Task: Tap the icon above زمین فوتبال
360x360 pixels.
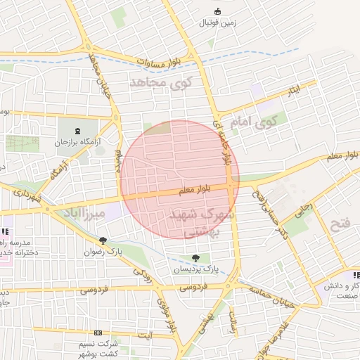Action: click(217, 11)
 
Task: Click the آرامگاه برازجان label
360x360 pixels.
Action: click(79, 142)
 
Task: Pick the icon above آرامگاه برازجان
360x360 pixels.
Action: click(77, 131)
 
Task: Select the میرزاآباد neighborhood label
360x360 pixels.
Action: click(84, 212)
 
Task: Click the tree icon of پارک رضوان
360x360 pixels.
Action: click(103, 240)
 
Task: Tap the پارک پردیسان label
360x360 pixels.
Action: click(196, 269)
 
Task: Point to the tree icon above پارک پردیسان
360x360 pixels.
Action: click(195, 258)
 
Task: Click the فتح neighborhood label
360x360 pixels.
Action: click(340, 224)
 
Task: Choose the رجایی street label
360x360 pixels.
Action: click(304, 208)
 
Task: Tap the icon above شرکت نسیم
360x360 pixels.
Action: click(97, 333)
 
